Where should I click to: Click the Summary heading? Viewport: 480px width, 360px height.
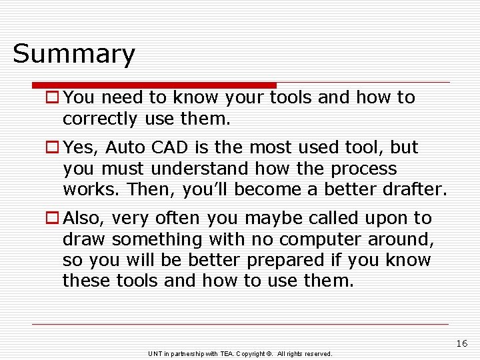click(x=73, y=54)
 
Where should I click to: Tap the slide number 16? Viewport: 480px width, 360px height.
click(x=462, y=343)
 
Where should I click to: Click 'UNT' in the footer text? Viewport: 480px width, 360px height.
click(x=155, y=353)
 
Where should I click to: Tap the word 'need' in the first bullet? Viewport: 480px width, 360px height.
click(x=122, y=97)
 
